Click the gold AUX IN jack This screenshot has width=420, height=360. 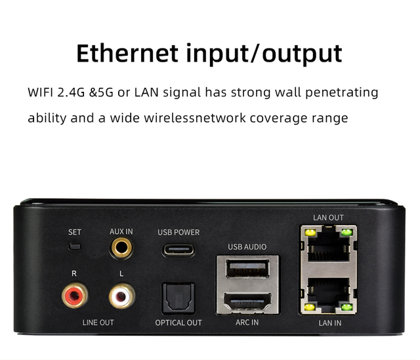click(x=121, y=248)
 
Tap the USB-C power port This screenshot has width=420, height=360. click(x=178, y=250)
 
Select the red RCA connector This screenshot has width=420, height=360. click(x=75, y=296)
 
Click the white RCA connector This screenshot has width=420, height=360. click(x=121, y=296)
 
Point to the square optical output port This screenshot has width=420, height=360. click(x=178, y=298)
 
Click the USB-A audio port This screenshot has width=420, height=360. click(x=247, y=268)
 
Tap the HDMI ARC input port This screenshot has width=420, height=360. click(x=247, y=301)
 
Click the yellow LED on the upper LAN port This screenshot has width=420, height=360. click(x=310, y=232)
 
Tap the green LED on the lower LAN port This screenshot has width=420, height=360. click(x=346, y=307)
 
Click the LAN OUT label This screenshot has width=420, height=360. click(x=328, y=218)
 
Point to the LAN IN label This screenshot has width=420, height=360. click(x=330, y=323)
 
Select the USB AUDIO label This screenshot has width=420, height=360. click(x=247, y=247)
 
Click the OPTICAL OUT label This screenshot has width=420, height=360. click(x=178, y=323)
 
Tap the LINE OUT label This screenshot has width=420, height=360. click(x=98, y=323)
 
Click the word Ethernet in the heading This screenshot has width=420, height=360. click(x=127, y=53)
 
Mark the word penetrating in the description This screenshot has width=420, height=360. click(x=342, y=92)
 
